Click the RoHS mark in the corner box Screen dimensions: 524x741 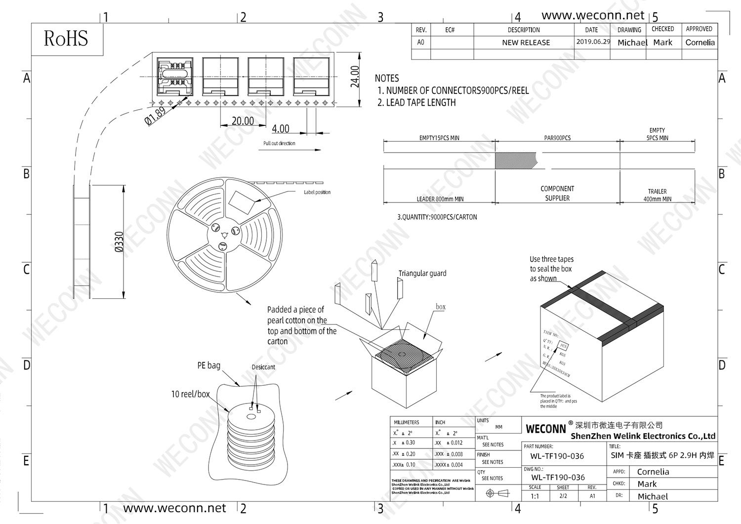coord(66,39)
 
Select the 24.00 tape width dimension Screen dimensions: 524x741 coord(355,77)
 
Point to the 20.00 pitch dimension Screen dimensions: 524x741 coord(243,121)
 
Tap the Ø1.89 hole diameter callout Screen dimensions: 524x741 coord(156,116)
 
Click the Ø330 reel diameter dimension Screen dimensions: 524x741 coord(119,242)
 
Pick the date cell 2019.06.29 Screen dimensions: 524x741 coord(593,42)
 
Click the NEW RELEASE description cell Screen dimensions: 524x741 coord(526,42)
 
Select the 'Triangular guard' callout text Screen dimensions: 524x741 coord(422,273)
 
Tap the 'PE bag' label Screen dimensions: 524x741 coord(208,365)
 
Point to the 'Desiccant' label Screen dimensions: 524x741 coord(263,367)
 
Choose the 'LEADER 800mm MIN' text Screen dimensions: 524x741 coord(440,199)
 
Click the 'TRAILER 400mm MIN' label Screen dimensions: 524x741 coord(657,195)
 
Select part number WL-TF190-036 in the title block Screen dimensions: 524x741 coord(557,456)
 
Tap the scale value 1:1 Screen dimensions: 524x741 coord(535,496)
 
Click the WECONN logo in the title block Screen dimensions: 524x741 coord(545,429)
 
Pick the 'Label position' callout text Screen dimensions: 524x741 coord(317,192)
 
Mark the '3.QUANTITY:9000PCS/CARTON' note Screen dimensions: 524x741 coord(437,217)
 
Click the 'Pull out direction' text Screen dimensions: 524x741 coord(279,143)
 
